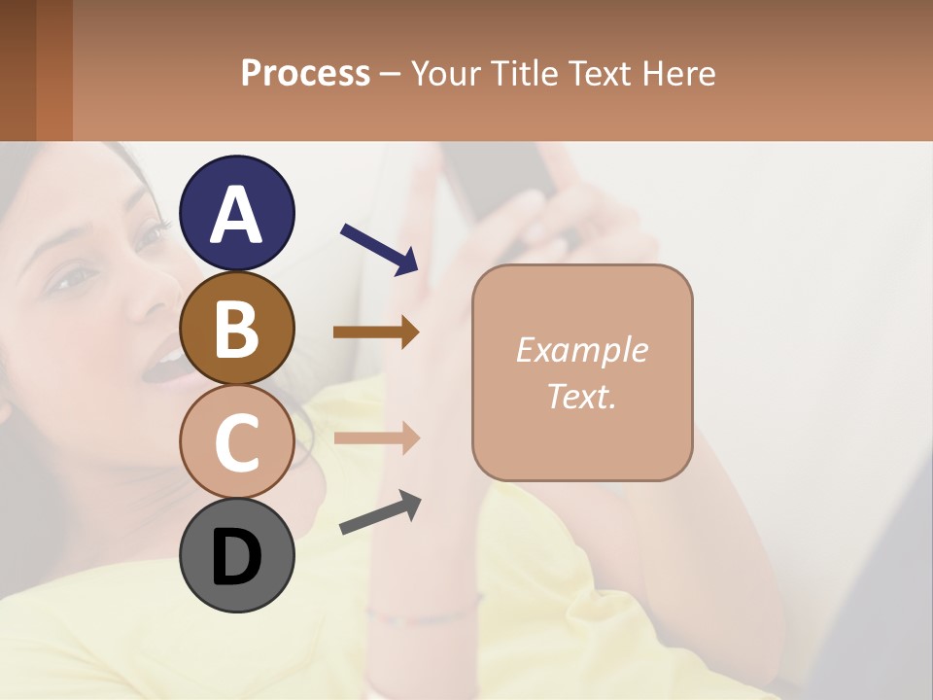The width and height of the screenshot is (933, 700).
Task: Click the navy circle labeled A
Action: point(237,213)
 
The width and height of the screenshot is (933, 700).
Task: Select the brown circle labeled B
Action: point(237,328)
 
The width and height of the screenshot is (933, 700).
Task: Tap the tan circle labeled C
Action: point(237,441)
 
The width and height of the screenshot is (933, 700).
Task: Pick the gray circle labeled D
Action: point(237,555)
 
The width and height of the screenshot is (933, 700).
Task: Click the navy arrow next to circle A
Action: point(379,248)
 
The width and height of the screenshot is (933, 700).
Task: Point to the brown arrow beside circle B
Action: point(376,332)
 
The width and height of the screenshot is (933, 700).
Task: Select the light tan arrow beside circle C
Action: point(376,437)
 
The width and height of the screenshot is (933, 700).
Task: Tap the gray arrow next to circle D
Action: point(380,512)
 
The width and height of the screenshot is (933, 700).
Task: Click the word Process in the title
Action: point(305,73)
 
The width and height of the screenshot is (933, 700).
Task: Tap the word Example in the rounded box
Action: point(581,350)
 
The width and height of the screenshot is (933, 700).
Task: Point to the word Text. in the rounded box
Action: point(581,396)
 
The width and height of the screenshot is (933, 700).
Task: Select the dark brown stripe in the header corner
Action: point(17,70)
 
